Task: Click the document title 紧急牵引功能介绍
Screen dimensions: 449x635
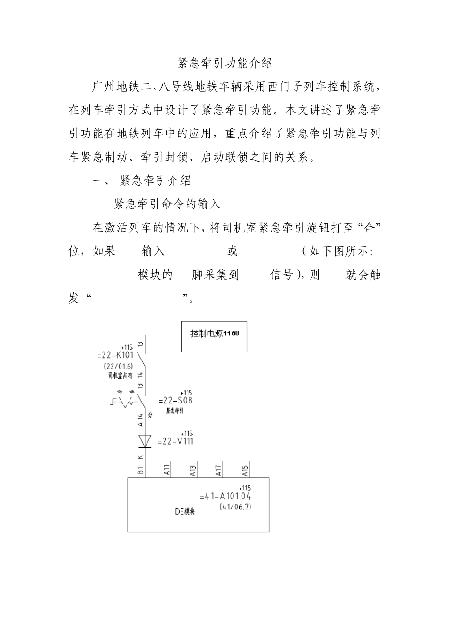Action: pyautogui.click(x=224, y=63)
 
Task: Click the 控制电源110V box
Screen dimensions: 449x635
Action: pyautogui.click(x=215, y=336)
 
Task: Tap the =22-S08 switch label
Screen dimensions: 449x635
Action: pyautogui.click(x=176, y=401)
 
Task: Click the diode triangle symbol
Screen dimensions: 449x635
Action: pyautogui.click(x=145, y=441)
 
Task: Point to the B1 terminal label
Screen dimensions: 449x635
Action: pyautogui.click(x=140, y=470)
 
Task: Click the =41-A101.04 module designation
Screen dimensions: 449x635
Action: pyautogui.click(x=225, y=497)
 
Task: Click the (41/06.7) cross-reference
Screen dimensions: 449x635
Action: pyautogui.click(x=235, y=507)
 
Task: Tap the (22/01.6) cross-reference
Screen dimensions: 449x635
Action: pyautogui.click(x=118, y=366)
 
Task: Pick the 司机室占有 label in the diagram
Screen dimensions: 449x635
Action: pyautogui.click(x=120, y=376)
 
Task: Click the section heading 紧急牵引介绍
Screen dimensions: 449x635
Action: pyautogui.click(x=155, y=180)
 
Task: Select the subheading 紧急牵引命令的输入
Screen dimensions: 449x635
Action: pyautogui.click(x=167, y=204)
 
